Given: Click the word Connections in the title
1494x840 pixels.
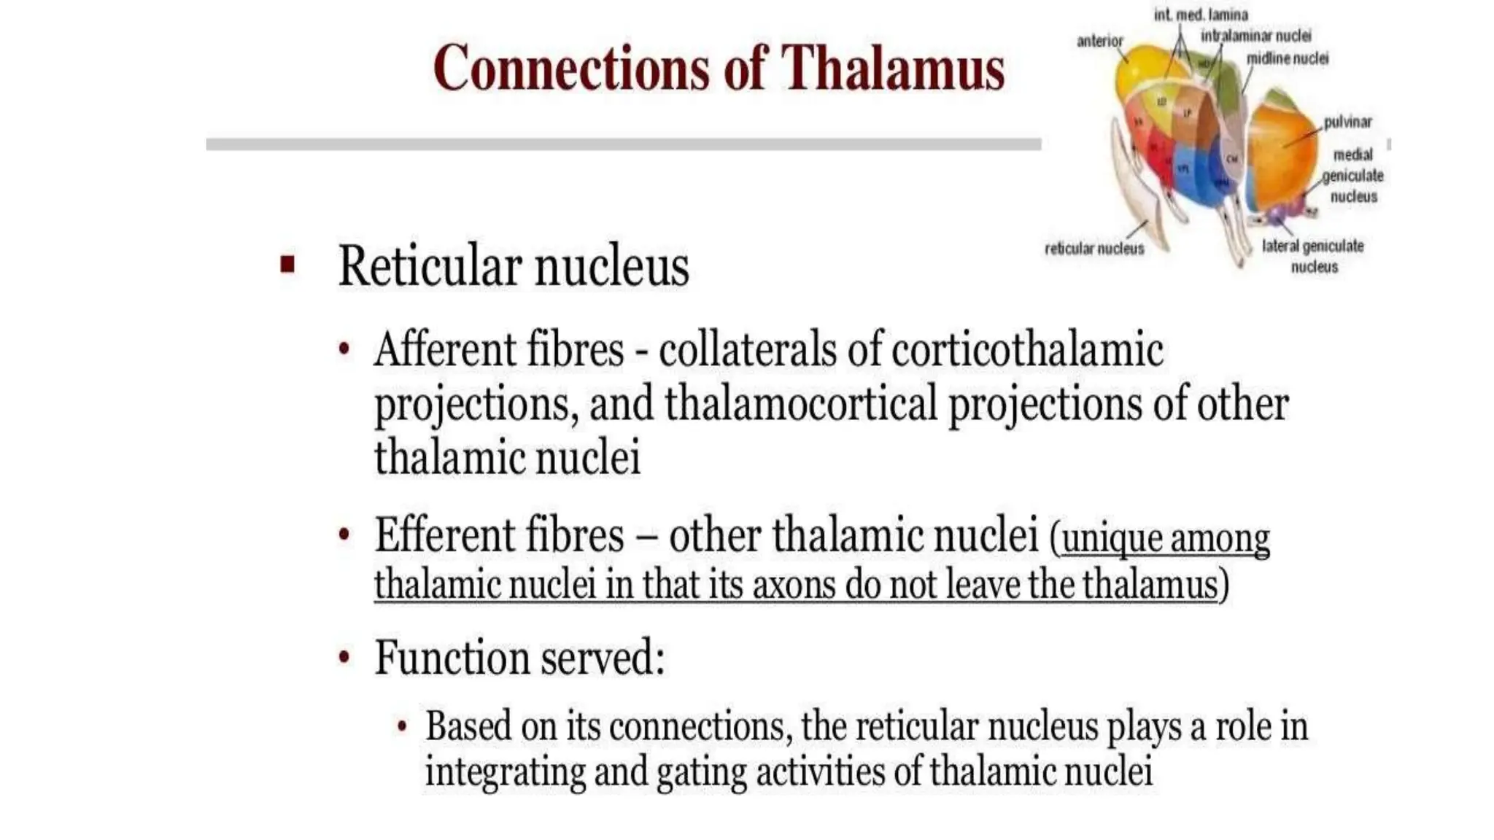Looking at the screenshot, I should (x=572, y=68).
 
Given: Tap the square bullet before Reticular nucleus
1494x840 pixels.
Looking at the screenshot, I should (x=287, y=263).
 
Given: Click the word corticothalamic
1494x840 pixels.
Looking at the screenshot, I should (x=1027, y=350).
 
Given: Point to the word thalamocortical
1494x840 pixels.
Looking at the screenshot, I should (x=800, y=405).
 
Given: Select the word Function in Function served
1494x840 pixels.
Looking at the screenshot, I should (x=451, y=658).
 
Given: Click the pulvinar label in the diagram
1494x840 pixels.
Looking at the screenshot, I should (x=1347, y=122).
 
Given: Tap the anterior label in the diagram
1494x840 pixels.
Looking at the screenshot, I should (x=1099, y=42).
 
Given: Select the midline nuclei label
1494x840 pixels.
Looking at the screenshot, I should (x=1287, y=58).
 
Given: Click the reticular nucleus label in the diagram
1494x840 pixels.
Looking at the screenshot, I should (x=1094, y=249).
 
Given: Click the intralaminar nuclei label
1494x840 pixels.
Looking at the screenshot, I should (x=1255, y=36).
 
